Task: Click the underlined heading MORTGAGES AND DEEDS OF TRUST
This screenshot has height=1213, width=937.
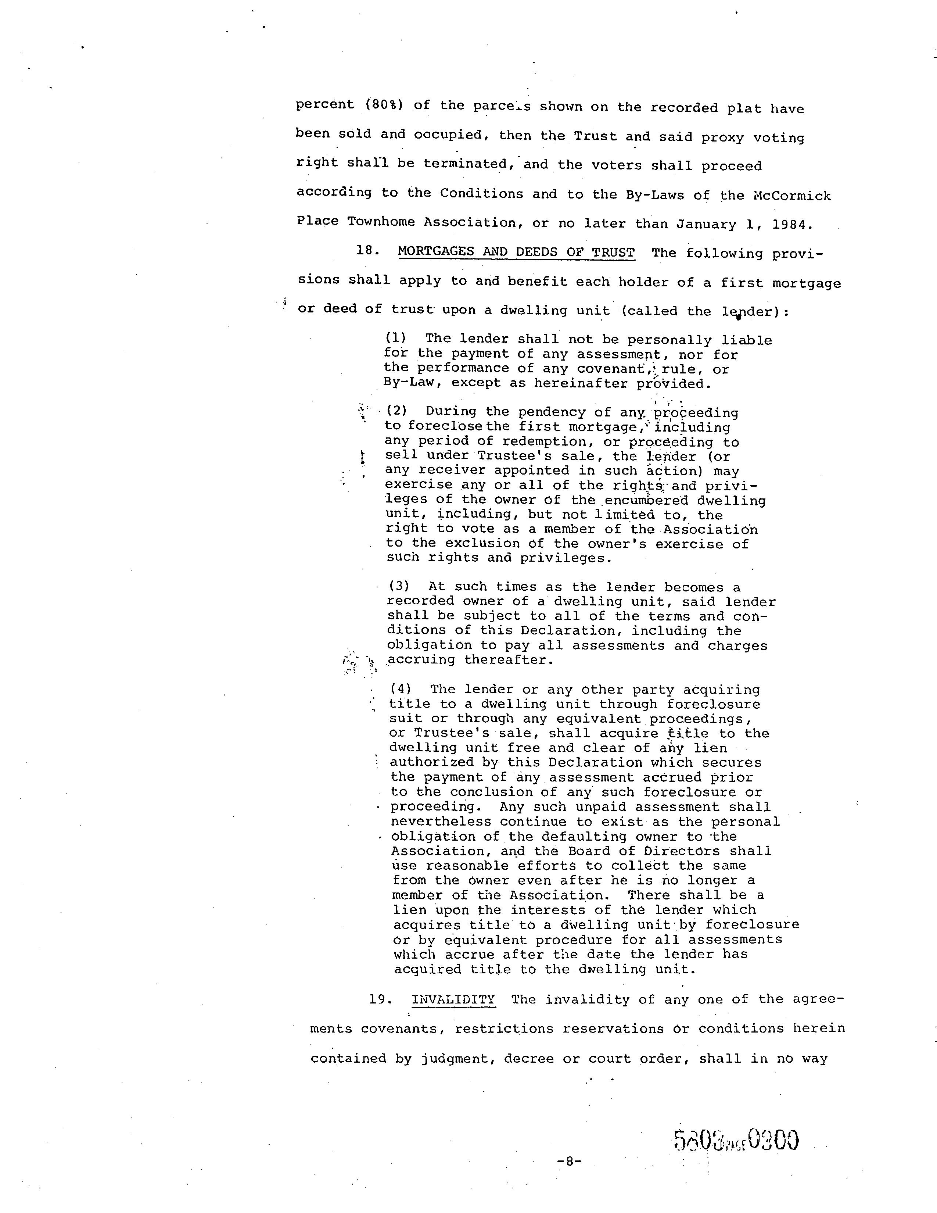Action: (516, 252)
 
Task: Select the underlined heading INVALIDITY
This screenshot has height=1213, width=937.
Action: (453, 1000)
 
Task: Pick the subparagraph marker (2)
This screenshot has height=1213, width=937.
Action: (397, 411)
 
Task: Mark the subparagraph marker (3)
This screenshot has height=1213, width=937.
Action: (399, 587)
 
